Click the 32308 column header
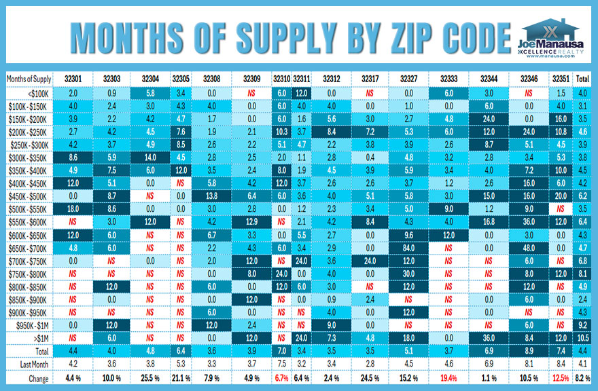211,79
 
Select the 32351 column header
561,79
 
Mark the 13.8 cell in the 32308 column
211,195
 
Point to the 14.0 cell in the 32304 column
151,156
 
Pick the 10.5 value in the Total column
582,337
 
